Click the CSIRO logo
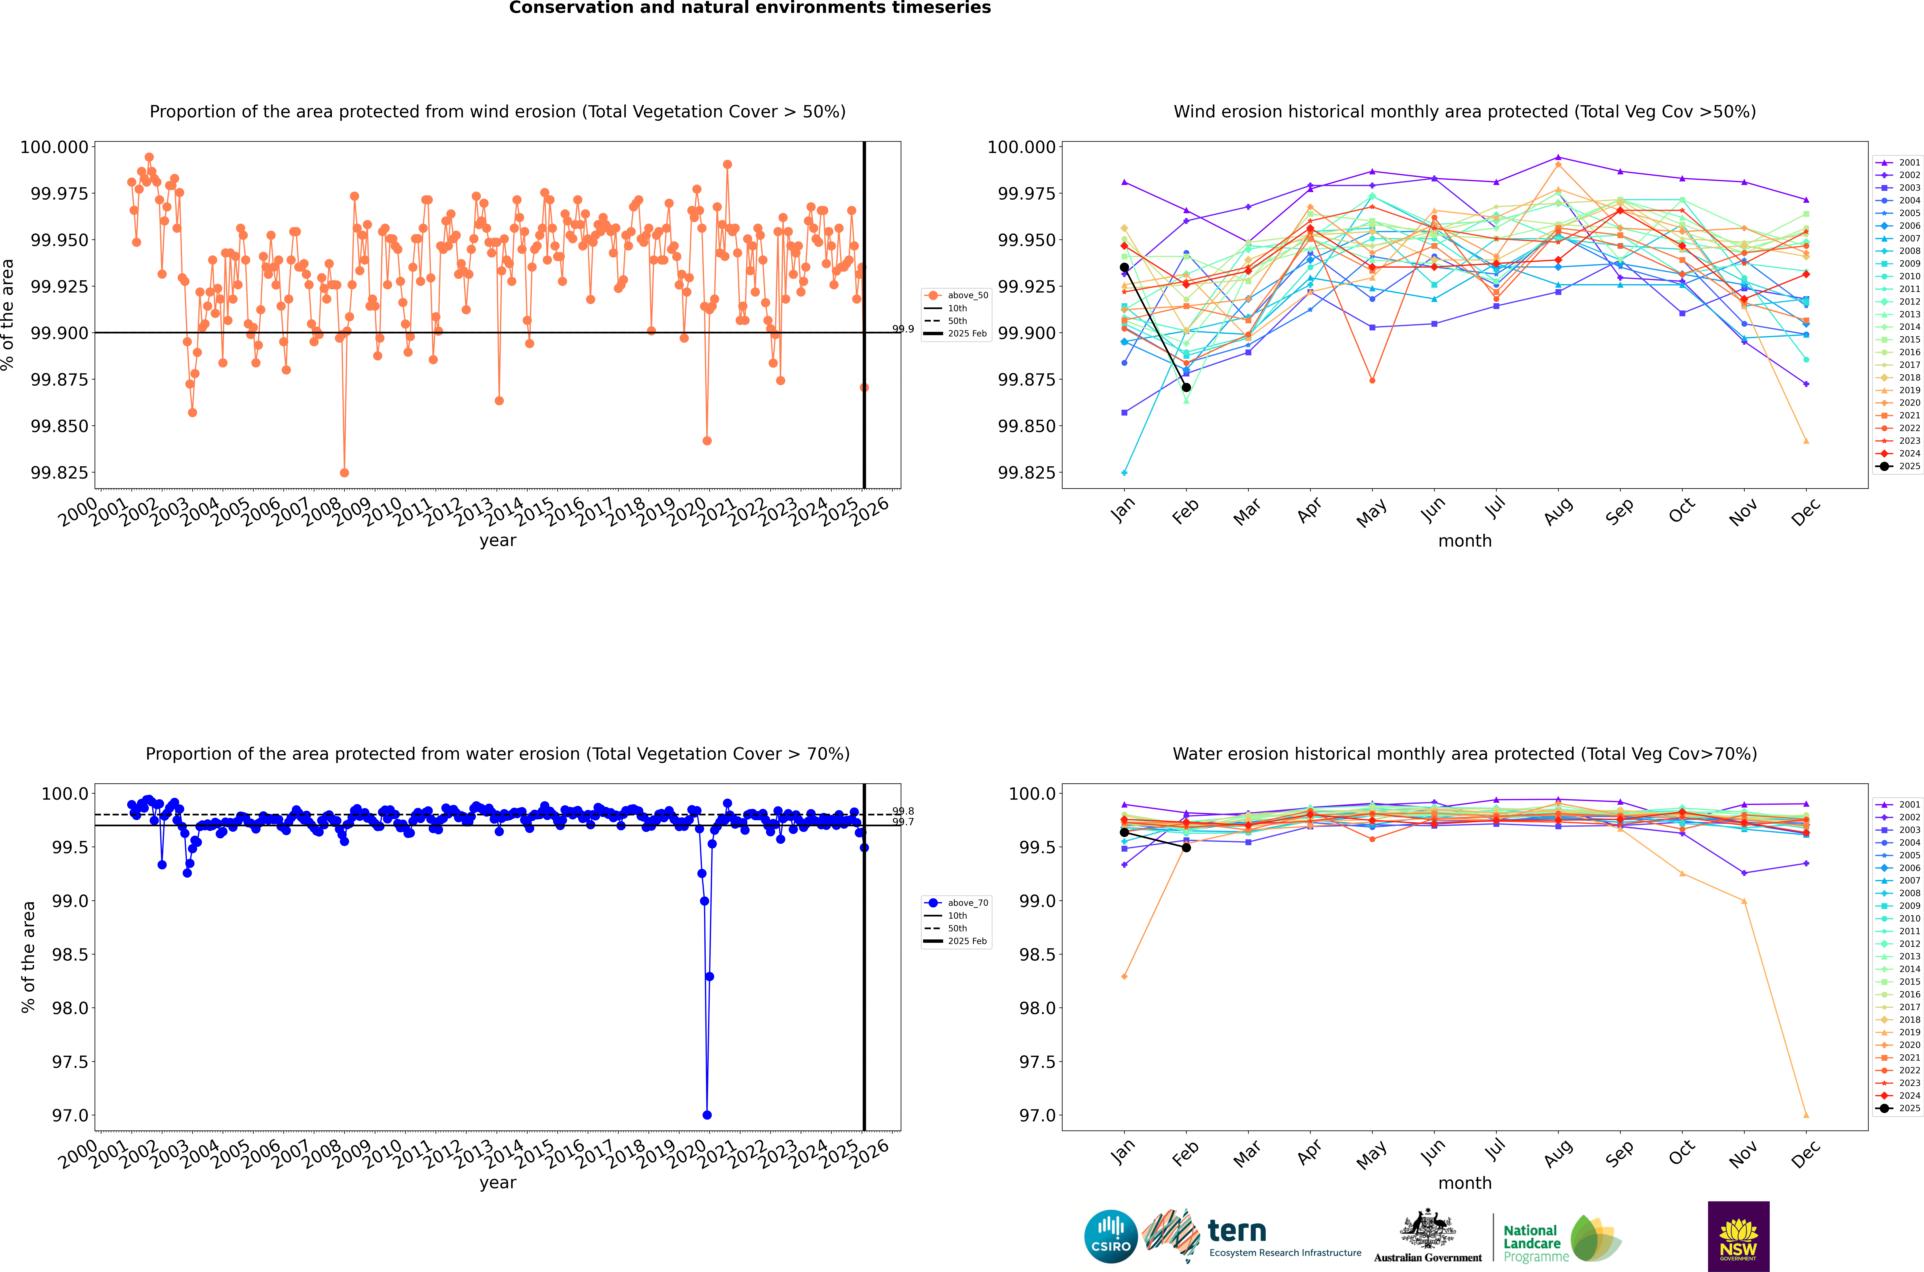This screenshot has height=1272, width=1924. [1111, 1236]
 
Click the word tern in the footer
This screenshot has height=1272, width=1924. [1236, 1232]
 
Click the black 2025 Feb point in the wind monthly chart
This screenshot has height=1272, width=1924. [1186, 388]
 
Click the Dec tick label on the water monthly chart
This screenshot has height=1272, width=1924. [1806, 1154]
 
